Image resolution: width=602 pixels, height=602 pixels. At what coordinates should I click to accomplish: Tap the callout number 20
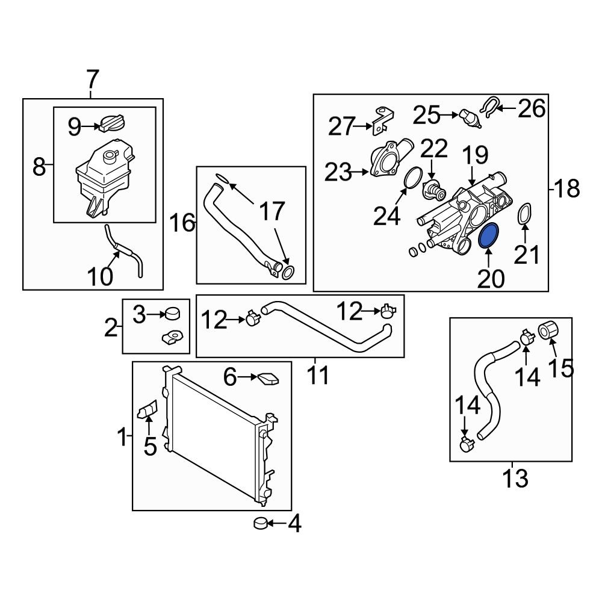point(491,278)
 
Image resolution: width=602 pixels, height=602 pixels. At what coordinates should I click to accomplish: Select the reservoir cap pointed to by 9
point(112,123)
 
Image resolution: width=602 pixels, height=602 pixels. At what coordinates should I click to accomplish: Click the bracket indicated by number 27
point(382,122)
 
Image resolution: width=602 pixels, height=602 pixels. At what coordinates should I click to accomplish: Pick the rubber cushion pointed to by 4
point(261,523)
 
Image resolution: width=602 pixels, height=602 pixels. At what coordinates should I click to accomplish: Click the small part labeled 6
point(268,379)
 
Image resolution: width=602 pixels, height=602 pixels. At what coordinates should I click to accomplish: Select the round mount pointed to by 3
point(172,313)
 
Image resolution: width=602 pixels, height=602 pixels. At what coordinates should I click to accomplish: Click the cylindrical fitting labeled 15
point(548,329)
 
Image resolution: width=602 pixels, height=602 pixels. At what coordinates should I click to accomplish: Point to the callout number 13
point(515,478)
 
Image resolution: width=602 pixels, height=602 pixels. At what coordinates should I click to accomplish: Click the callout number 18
point(566,188)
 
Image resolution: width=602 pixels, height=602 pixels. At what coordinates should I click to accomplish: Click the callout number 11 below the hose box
point(318,374)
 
